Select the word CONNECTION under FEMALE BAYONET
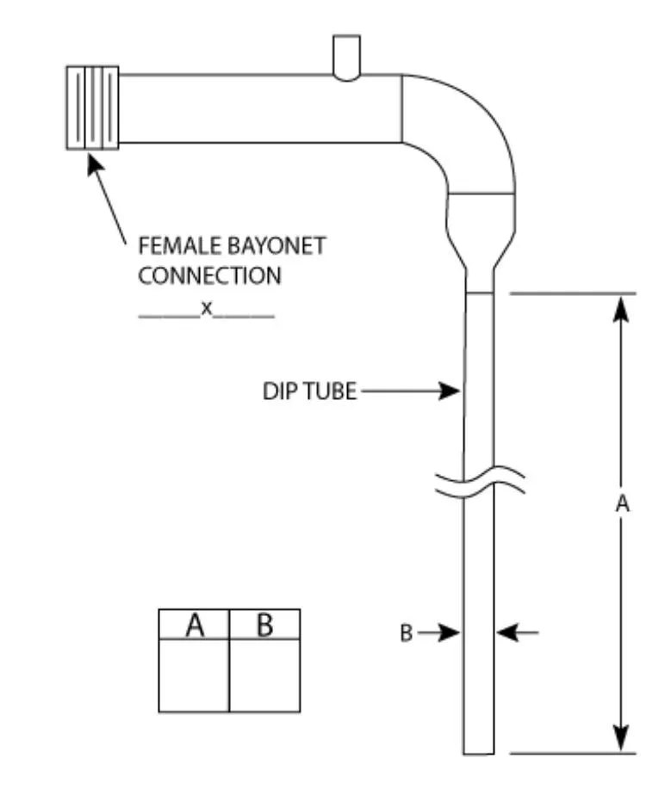coord(209,276)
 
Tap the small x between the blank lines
coord(207,308)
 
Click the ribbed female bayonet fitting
coord(92,108)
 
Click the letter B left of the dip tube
coord(405,634)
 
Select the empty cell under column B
coord(264,675)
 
